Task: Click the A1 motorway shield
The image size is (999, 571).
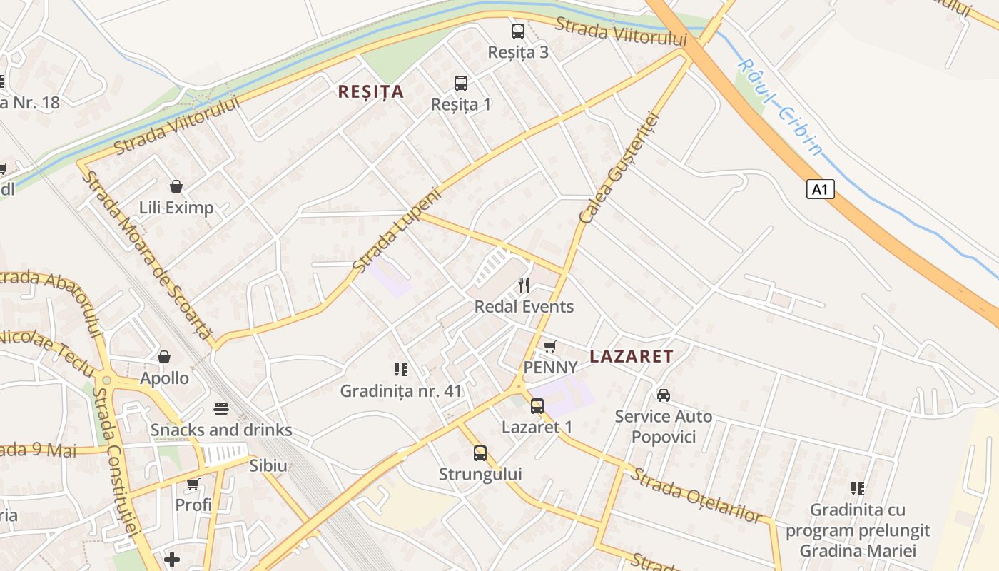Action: [x=821, y=189]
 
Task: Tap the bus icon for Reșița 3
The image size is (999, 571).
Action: [x=518, y=31]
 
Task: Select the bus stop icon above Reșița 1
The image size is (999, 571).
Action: [x=461, y=84]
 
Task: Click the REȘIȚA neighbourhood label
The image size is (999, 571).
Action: [x=371, y=91]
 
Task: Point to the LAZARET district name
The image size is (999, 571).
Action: [x=632, y=356]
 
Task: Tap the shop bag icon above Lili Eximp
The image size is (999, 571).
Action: [x=176, y=187]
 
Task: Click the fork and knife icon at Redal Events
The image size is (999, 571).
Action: [x=524, y=285]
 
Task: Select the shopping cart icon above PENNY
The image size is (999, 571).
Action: [x=549, y=347]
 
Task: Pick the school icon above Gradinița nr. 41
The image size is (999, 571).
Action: [x=401, y=370]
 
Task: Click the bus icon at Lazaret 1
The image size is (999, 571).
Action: [x=537, y=406]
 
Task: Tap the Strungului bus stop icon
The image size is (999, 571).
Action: [x=480, y=453]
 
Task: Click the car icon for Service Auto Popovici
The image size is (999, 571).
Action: [x=664, y=395]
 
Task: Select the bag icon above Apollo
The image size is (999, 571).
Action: [x=164, y=357]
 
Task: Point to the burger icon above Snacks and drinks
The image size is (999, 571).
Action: [x=221, y=409]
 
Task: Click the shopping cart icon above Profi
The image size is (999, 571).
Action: [x=193, y=485]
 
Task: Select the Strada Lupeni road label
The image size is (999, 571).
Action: [x=397, y=229]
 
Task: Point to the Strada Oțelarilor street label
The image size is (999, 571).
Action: [x=696, y=496]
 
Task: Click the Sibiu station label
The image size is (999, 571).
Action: [x=268, y=466]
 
